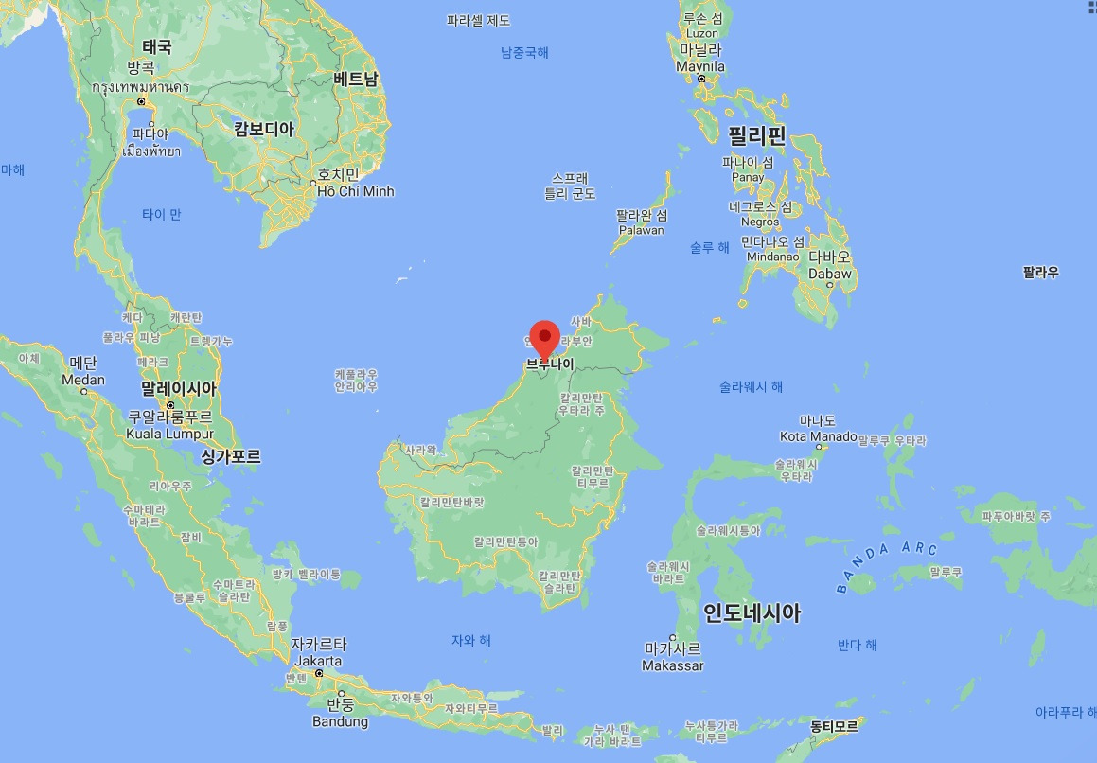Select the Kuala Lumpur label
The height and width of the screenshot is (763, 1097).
click(x=170, y=434)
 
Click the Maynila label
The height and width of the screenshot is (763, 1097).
click(x=700, y=67)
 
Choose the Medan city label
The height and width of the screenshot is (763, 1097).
click(x=83, y=380)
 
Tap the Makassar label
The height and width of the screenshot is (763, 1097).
click(x=673, y=665)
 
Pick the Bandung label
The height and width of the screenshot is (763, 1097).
click(x=340, y=721)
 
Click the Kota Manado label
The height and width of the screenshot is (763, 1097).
click(x=819, y=436)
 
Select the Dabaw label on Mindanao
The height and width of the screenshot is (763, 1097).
click(x=830, y=274)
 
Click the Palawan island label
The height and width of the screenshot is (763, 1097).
click(x=642, y=230)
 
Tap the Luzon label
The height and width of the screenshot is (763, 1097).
click(x=702, y=33)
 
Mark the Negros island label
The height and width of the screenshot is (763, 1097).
click(x=760, y=222)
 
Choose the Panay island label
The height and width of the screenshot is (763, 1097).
click(x=748, y=177)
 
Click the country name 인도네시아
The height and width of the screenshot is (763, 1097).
click(x=752, y=613)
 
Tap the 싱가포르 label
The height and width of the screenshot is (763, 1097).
click(x=231, y=456)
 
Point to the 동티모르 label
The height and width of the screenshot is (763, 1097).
click(x=834, y=727)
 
